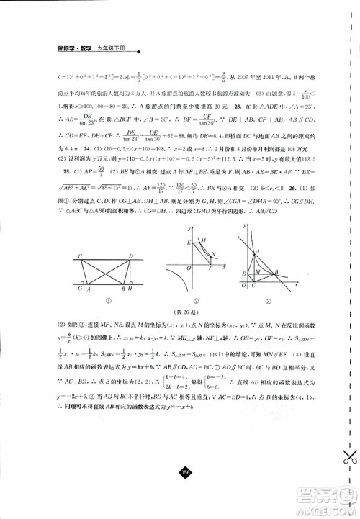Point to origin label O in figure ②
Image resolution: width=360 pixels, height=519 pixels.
pos(191,277)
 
